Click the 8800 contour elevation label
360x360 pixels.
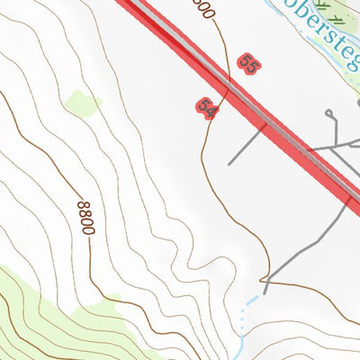pyautogui.click(x=86, y=218)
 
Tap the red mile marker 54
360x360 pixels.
pyautogui.click(x=206, y=107)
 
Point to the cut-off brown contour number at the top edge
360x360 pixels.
pyautogui.click(x=204, y=8)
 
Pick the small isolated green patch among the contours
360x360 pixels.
pyautogui.click(x=83, y=103)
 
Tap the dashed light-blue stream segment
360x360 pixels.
pyautogui.click(x=245, y=310)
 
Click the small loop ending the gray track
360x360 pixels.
pyautogui.click(x=329, y=113)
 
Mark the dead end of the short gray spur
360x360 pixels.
pyautogui.click(x=230, y=164)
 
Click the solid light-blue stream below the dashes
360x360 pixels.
pyautogui.click(x=241, y=346)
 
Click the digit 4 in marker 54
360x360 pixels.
pyautogui.click(x=209, y=110)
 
